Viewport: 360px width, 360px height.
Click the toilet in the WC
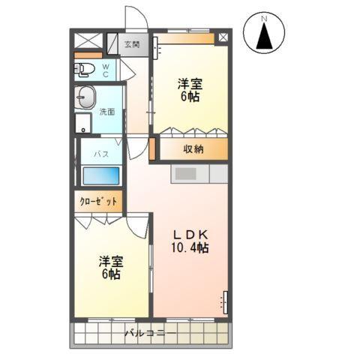pyautogui.click(x=85, y=70)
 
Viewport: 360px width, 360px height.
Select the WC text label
pyautogui.click(x=106, y=70)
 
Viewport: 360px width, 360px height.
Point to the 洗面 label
pyautogui.click(x=107, y=112)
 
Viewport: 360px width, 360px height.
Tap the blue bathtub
pyautogui.click(x=100, y=176)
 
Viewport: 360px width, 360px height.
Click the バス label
pyautogui.click(x=100, y=153)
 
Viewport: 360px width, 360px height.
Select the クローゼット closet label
pyautogui.click(x=99, y=202)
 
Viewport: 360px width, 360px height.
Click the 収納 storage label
pyautogui.click(x=193, y=148)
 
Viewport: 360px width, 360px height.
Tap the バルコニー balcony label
pyautogui.click(x=150, y=332)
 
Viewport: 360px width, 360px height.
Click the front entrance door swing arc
pyautogui.click(x=135, y=19)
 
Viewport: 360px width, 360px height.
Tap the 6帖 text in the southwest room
pyautogui.click(x=111, y=274)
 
